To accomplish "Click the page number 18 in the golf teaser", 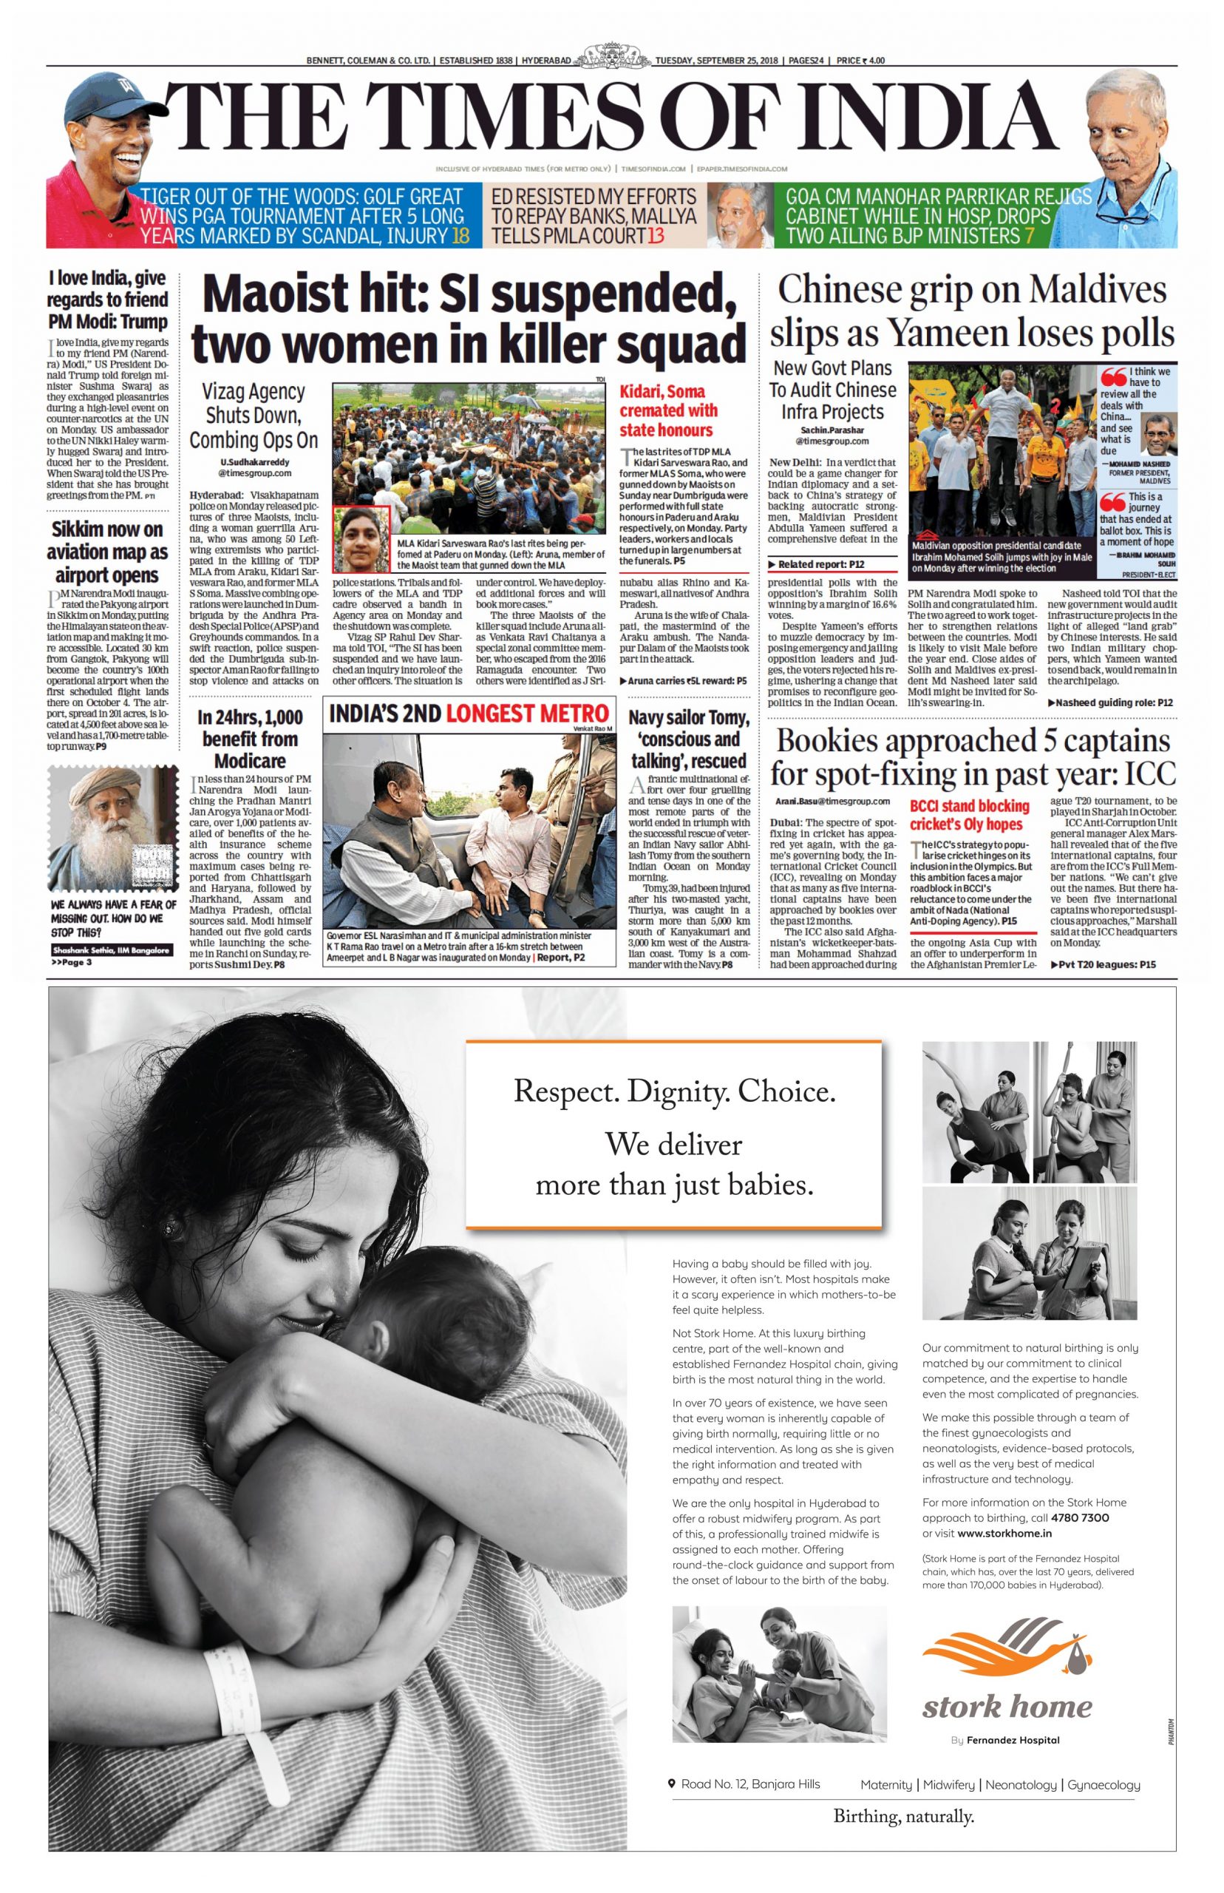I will [x=460, y=236].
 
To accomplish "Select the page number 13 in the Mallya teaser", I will [x=656, y=236].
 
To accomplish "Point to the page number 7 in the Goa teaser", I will [x=1030, y=236].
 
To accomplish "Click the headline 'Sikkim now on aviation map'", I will [x=107, y=552].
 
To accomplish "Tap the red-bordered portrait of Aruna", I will [x=361, y=540].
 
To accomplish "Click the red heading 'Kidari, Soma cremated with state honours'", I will [x=667, y=410].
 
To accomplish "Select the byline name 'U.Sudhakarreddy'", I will [x=254, y=462].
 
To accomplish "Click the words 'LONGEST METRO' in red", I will [x=528, y=713].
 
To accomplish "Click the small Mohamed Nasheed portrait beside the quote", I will [x=1158, y=436].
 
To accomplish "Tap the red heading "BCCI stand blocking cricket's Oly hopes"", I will [x=969, y=815].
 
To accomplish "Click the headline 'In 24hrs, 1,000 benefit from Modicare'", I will [x=250, y=739].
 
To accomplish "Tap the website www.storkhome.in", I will [x=1004, y=1533].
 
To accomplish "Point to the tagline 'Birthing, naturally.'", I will [x=904, y=1815].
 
